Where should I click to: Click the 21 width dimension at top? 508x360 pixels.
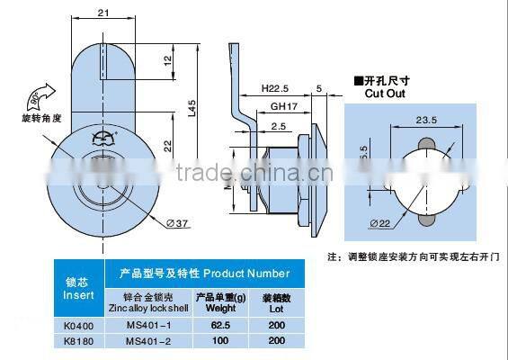(x=103, y=13)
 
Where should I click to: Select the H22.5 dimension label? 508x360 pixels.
(x=276, y=87)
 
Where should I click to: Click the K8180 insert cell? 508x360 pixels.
(x=78, y=340)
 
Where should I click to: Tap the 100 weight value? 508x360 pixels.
(x=215, y=340)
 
